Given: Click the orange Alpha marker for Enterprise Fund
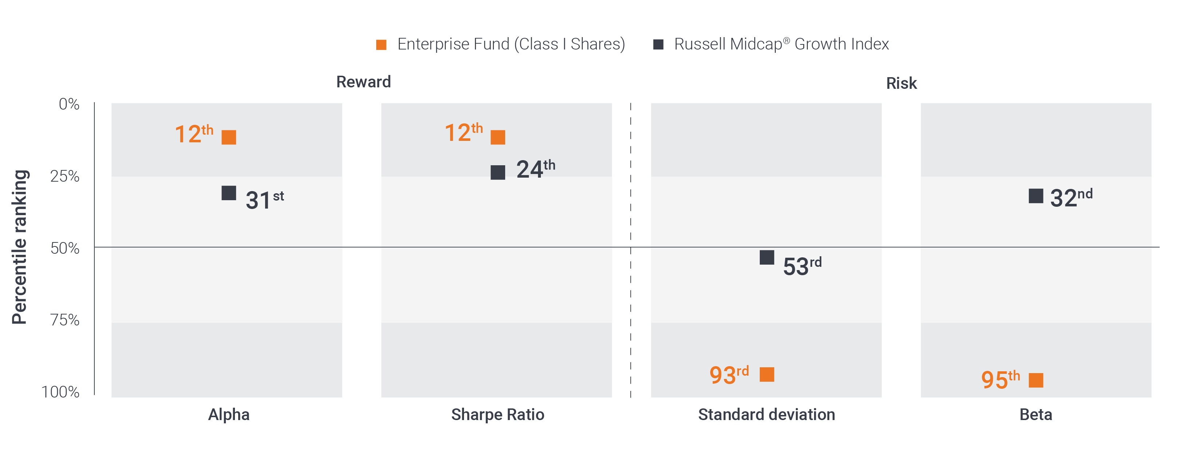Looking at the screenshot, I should pos(228,137).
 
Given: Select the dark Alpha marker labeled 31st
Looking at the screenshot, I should pos(228,193).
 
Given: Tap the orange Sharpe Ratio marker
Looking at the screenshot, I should pos(498,137).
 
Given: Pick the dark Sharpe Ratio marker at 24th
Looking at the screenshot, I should pos(498,172).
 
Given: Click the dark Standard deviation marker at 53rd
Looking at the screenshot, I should pos(767,257).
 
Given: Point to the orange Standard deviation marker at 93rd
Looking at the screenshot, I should pos(767,375).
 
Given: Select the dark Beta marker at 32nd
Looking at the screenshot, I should pos(1035,196).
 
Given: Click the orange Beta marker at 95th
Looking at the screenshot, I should pos(1035,380).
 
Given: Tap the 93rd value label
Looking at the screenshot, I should pos(728,375).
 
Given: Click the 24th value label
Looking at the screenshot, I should pos(535,169).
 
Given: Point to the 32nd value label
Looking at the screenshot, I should pos(1070,198).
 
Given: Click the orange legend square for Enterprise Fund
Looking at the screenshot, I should pos(381,45).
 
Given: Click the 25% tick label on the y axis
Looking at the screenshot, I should pos(65,176).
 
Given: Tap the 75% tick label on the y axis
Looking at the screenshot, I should pos(65,320).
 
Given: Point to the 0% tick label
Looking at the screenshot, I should pos(68,104).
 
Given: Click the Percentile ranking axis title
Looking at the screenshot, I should pos(20,246).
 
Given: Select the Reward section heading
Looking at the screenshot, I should pos(363,82).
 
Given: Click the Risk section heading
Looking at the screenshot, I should pos(901,83).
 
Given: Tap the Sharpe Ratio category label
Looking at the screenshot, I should pos(497,415).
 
